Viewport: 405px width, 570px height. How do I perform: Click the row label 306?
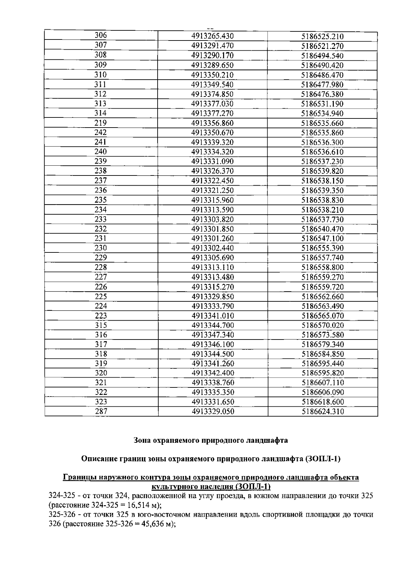point(101,35)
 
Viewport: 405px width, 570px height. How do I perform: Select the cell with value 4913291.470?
point(213,46)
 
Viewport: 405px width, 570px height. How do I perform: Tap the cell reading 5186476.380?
point(322,94)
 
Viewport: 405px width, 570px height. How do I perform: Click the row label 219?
point(101,123)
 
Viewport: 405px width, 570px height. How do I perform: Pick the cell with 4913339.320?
point(213,142)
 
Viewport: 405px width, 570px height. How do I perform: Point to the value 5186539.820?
point(322,171)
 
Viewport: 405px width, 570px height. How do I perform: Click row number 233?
point(101,219)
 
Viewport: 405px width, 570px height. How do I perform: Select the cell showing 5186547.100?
point(322,239)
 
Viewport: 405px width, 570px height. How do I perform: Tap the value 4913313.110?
point(213,267)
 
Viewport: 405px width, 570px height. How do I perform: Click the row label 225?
point(101,297)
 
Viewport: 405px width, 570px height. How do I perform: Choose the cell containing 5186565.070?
point(322,316)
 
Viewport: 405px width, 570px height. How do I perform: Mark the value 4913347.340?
point(213,335)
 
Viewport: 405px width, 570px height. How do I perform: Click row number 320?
point(101,373)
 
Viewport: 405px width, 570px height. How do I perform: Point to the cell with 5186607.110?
point(322,383)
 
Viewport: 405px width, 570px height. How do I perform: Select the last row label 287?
point(101,411)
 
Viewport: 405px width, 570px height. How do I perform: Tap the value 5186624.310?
point(322,411)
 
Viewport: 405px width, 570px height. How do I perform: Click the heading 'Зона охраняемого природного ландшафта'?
point(211,440)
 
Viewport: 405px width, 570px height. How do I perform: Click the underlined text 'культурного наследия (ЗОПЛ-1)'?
point(211,487)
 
